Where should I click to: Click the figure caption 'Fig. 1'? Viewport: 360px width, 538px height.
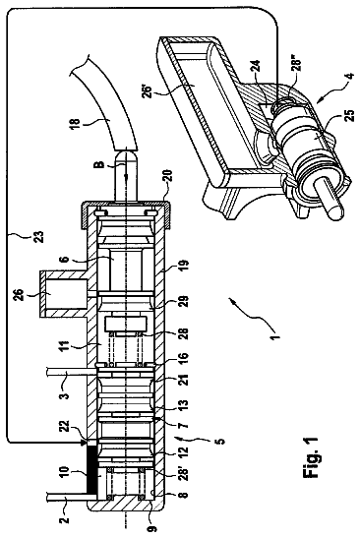coord(311,457)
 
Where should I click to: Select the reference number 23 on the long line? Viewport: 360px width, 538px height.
coord(39,237)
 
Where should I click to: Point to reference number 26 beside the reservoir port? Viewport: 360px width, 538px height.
coord(21,294)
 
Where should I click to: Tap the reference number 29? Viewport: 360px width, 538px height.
coord(184,303)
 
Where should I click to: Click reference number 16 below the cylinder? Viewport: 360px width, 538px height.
coord(184,358)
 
